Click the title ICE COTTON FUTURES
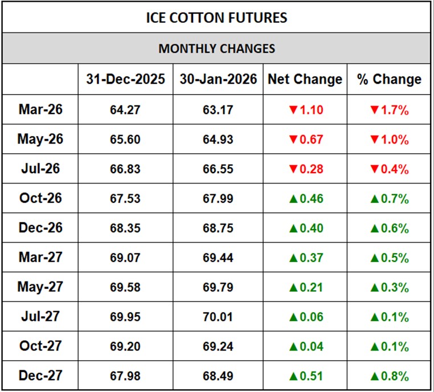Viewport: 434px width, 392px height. pos(216,17)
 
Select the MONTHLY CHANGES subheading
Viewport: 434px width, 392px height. pos(216,48)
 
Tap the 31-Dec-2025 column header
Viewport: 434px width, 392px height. pos(125,79)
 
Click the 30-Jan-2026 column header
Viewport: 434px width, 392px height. pos(218,79)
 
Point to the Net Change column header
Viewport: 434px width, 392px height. pos(305,79)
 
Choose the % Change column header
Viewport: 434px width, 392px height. pos(389,79)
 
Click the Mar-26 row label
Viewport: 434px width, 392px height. pos(40,109)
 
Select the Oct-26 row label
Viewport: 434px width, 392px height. pos(40,198)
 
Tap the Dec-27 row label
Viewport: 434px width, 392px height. pos(40,375)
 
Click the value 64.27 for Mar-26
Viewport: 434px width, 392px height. pos(125,110)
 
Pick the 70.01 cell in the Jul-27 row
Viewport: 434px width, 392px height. pos(218,317)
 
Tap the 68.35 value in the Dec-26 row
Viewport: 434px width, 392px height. pos(125,228)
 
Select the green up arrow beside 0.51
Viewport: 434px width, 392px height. pos(293,375)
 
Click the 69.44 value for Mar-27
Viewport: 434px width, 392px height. pos(218,258)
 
